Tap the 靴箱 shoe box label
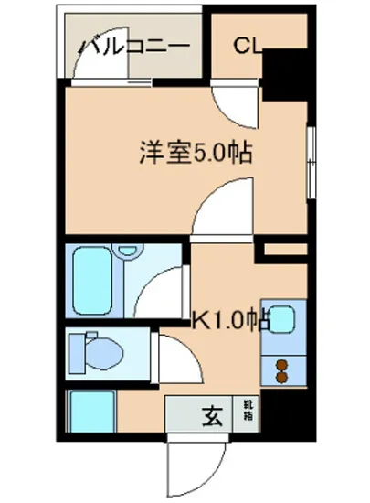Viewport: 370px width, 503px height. pos(248,409)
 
